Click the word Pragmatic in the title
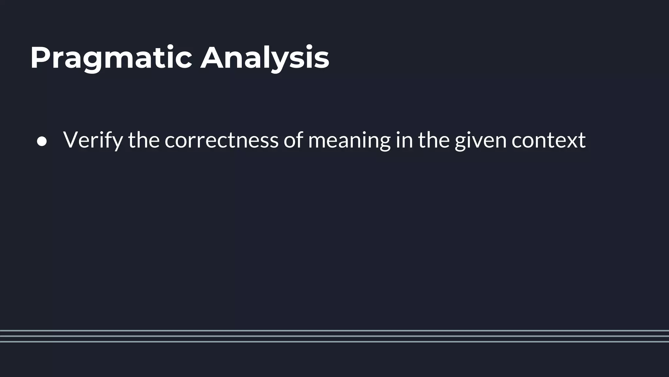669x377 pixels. tap(111, 58)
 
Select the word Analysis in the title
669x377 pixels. tap(265, 58)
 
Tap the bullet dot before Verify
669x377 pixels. tap(42, 142)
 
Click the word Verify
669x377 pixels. tap(93, 140)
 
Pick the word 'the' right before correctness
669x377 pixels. tap(144, 140)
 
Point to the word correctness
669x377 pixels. tap(221, 140)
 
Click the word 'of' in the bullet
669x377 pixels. tap(293, 140)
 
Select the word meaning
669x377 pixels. tap(349, 140)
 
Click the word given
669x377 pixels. tap(481, 140)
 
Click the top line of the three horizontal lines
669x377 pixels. tap(334, 331)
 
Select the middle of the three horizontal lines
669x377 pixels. tap(334, 336)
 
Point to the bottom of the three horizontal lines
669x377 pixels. tap(334, 342)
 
